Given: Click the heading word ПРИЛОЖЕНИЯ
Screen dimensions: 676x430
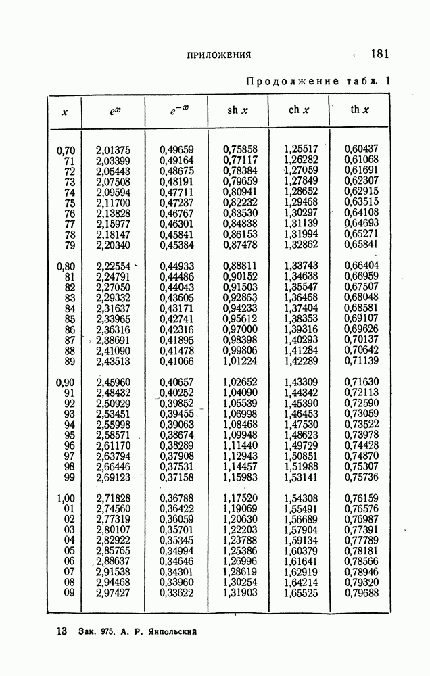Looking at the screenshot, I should point(219,55).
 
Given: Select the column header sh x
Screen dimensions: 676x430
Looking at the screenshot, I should point(237,110).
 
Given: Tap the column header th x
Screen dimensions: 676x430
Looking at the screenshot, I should point(360,110).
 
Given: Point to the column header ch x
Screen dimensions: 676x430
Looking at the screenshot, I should point(299,110).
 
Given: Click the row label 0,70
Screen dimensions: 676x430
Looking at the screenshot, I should point(65,149).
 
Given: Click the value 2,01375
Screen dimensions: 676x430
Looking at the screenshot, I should point(114,149).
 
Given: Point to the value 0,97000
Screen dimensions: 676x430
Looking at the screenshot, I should point(240,329).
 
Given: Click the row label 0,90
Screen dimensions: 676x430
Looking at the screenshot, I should point(65,382).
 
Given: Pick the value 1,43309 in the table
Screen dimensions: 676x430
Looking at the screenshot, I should point(301,382).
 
